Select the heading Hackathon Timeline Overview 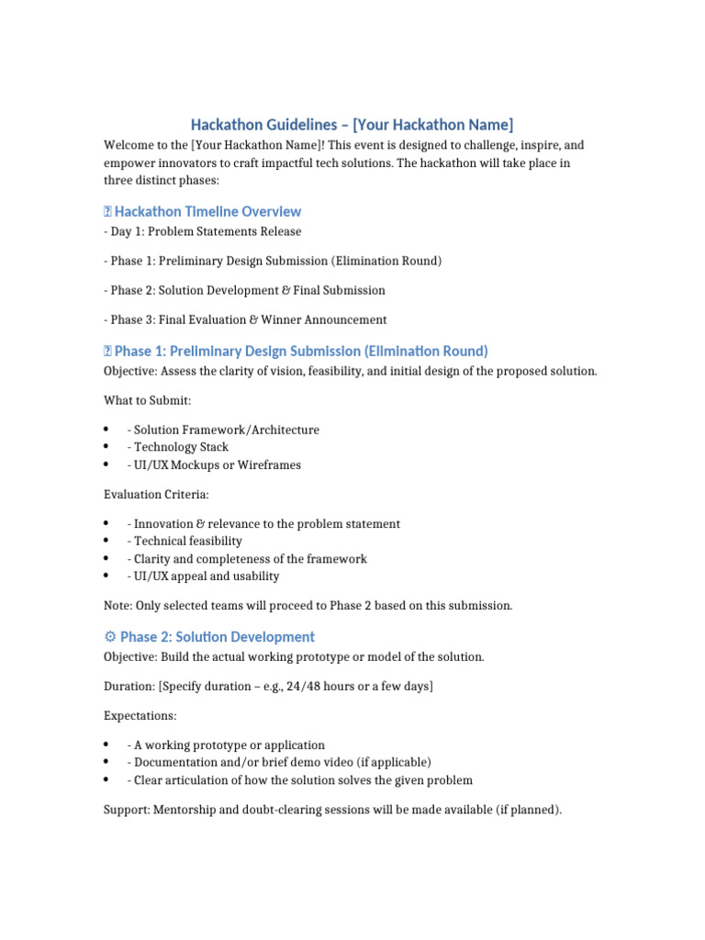[x=207, y=211]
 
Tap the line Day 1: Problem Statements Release [x=202, y=231]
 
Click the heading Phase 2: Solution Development [x=217, y=636]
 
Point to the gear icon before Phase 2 [x=110, y=636]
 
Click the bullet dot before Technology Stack [x=107, y=447]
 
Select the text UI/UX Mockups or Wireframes [x=218, y=464]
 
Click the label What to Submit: [x=147, y=400]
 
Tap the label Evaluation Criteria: [x=156, y=494]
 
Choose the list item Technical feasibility [x=188, y=541]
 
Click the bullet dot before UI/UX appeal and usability [x=107, y=576]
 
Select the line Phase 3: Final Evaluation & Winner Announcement [x=245, y=319]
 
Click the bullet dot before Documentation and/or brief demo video [x=107, y=762]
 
